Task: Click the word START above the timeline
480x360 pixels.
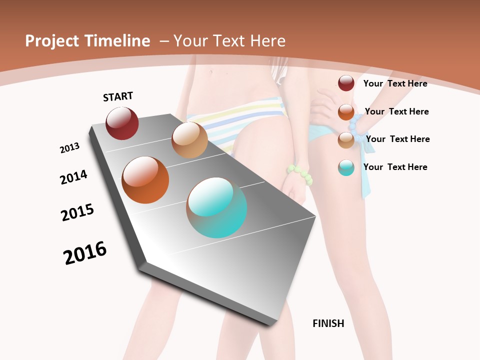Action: pyautogui.click(x=118, y=96)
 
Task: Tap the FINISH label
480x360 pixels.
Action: pyautogui.click(x=328, y=323)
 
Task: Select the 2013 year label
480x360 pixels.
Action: pyautogui.click(x=69, y=148)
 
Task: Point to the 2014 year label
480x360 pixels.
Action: pyautogui.click(x=73, y=177)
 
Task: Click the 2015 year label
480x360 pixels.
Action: pyautogui.click(x=77, y=212)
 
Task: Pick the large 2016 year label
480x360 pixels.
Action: pyautogui.click(x=85, y=253)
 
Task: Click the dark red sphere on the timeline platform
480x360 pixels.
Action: pyautogui.click(x=122, y=123)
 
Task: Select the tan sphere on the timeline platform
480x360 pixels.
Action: pyautogui.click(x=189, y=140)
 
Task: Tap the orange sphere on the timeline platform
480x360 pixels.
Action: pyautogui.click(x=145, y=180)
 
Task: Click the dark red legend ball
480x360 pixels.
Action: pyautogui.click(x=346, y=83)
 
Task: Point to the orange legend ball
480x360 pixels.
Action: pyautogui.click(x=346, y=111)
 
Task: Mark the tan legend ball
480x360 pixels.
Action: pyautogui.click(x=346, y=140)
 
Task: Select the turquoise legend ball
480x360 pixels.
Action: pyautogui.click(x=346, y=167)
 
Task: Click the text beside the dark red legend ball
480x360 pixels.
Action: pyautogui.click(x=395, y=83)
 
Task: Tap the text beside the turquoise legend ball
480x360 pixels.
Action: pyautogui.click(x=395, y=167)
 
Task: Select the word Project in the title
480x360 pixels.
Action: pyautogui.click(x=52, y=41)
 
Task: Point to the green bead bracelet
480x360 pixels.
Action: pyautogui.click(x=300, y=174)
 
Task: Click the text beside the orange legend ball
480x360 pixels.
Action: pyautogui.click(x=396, y=111)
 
